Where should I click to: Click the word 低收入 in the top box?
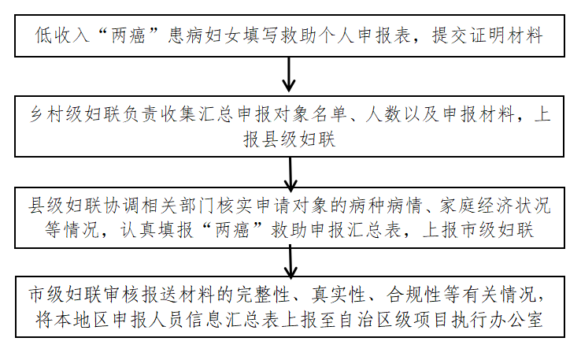[x=62, y=35]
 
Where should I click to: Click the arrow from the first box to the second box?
[x=289, y=75]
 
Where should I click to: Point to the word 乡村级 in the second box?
[x=57, y=114]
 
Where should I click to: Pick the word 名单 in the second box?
[x=329, y=114]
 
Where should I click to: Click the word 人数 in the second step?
[x=383, y=114]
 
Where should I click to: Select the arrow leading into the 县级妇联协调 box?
[x=290, y=174]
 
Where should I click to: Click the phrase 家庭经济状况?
[x=495, y=206]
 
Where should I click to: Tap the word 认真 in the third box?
[x=138, y=230]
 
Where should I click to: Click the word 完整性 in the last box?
[x=263, y=295]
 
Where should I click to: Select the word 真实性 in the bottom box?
[x=338, y=295]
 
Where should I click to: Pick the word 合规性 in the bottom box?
[x=413, y=295]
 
